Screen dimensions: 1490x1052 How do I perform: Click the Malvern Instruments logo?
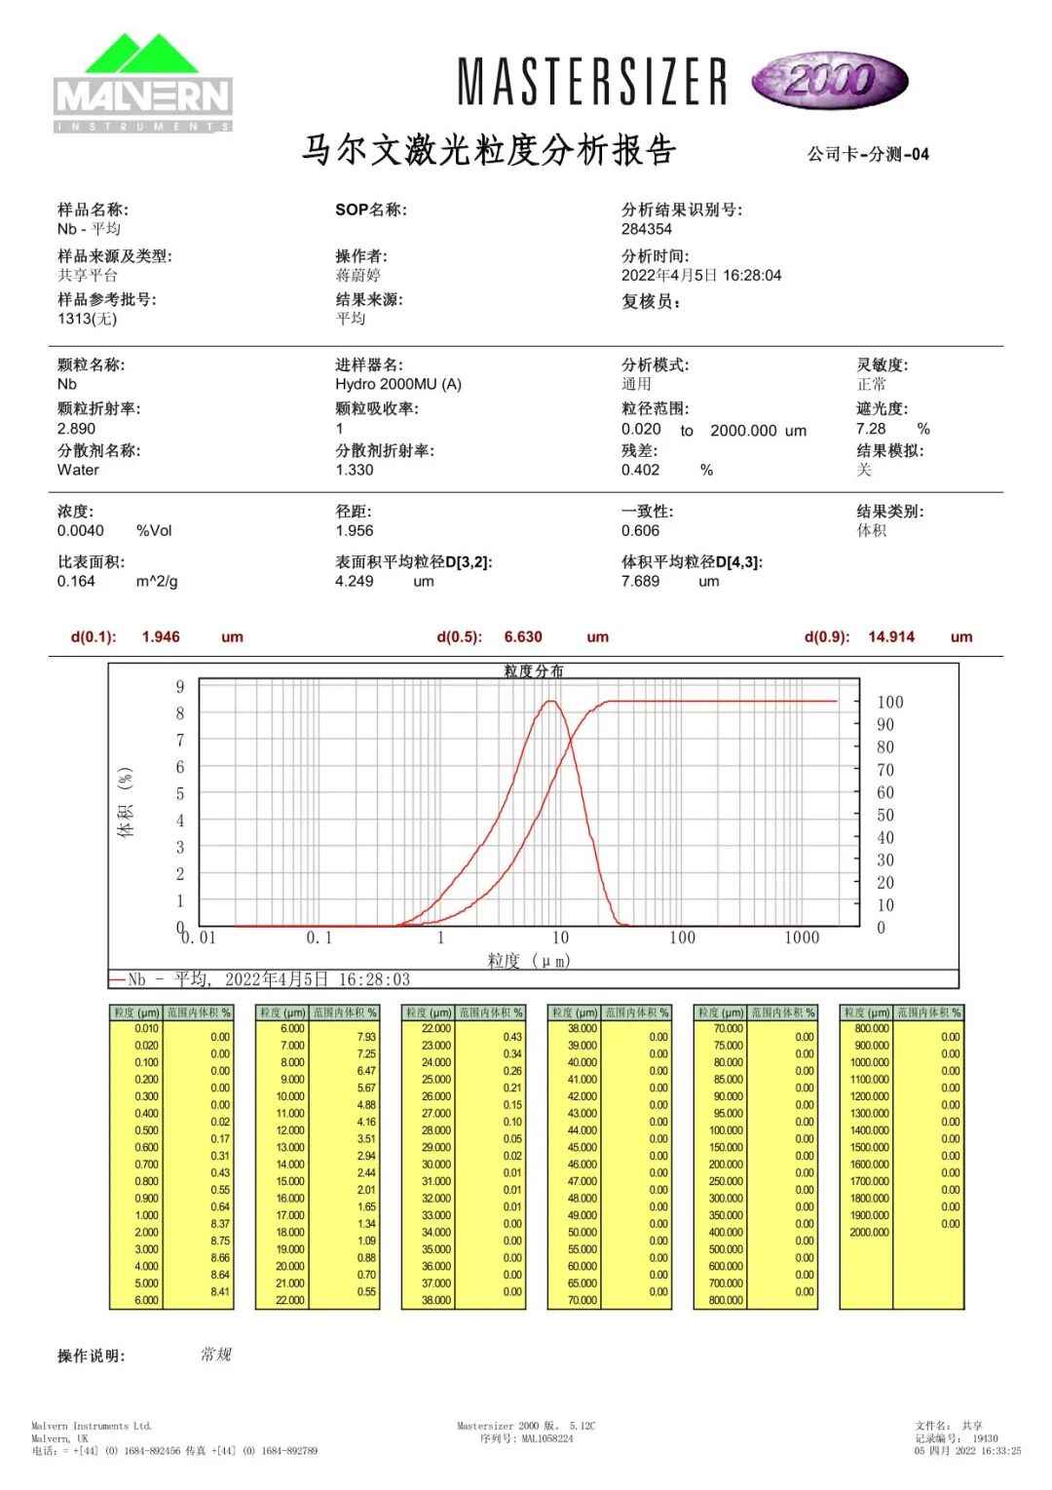143,84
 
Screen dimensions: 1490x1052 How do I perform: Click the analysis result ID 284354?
647,229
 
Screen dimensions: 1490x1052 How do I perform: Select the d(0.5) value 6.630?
523,637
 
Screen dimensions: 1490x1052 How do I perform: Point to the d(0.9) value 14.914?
891,637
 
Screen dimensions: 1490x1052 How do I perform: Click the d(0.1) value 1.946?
161,637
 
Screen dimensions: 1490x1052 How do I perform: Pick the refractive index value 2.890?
77,429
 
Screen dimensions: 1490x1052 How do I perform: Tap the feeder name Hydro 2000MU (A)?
398,384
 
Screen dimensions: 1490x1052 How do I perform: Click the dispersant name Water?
78,470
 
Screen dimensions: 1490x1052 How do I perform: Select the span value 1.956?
355,531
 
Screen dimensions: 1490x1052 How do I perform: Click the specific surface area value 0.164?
77,582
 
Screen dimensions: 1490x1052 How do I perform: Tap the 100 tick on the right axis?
890,703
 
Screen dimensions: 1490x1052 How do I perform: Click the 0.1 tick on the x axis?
319,937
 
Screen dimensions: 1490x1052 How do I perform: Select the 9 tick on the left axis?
180,687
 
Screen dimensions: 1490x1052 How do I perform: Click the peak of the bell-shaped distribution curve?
551,701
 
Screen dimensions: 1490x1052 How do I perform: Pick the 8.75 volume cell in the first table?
220,1241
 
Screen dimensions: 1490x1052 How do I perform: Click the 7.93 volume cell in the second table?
366,1037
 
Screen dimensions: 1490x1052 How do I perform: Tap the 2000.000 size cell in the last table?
869,1233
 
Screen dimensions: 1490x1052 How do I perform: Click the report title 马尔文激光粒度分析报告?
489,152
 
